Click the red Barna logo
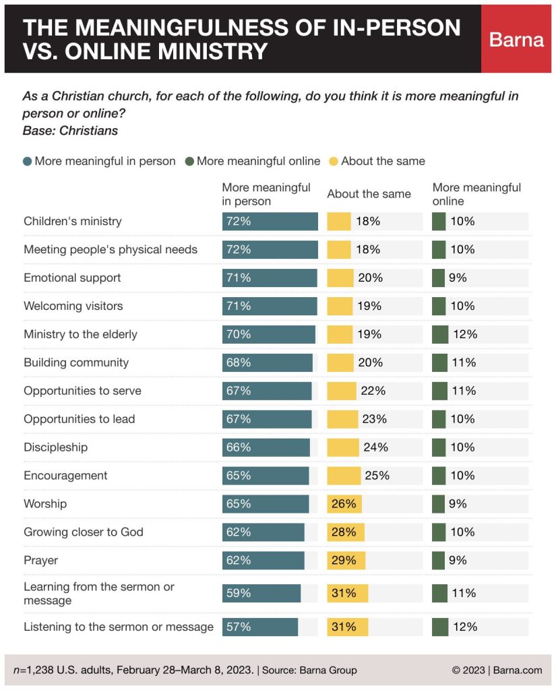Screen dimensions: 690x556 [516, 39]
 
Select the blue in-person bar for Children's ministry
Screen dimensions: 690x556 [270, 221]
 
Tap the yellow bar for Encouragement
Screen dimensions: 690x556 [344, 476]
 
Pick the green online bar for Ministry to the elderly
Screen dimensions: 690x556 [440, 334]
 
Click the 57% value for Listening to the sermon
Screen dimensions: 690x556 [238, 627]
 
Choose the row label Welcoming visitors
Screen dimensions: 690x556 [73, 306]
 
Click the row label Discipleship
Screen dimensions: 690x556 [55, 447]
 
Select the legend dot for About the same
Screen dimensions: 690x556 [333, 162]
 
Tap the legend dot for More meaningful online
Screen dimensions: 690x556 [189, 162]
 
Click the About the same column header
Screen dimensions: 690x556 [369, 194]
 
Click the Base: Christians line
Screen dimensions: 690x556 [70, 131]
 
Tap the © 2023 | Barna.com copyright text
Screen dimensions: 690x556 [497, 670]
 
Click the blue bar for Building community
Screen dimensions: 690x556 [268, 363]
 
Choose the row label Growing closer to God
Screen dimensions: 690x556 [84, 532]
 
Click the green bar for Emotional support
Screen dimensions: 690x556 [438, 278]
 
